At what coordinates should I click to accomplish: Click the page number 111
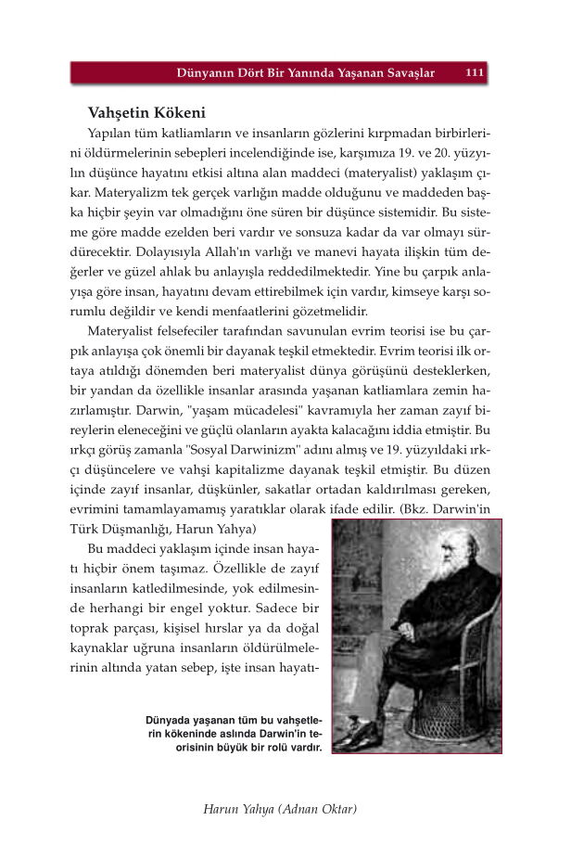pos(474,71)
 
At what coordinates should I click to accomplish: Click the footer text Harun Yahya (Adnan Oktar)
pos(280,809)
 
